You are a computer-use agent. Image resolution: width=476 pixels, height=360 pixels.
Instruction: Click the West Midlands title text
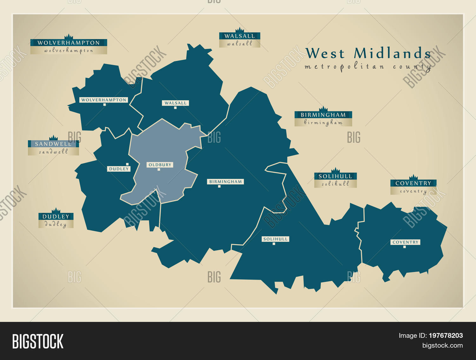pos(368,53)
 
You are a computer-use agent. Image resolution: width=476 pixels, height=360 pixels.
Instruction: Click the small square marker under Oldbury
pos(159,170)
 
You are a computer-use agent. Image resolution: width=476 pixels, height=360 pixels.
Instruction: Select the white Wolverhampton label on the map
pos(104,100)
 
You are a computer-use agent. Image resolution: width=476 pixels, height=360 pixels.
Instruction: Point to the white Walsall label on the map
pos(175,103)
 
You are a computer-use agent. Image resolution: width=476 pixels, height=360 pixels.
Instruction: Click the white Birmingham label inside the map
pos(226,182)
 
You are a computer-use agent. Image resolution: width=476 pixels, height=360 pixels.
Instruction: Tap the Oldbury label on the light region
pos(160,165)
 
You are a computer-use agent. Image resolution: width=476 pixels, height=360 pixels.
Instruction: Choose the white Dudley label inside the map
pos(119,169)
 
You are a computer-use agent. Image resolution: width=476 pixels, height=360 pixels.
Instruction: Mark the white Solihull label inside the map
pos(275,239)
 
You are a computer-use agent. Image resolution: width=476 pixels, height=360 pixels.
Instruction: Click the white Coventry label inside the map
pos(405,242)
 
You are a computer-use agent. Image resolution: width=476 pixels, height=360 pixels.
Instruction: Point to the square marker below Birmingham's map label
pos(219,186)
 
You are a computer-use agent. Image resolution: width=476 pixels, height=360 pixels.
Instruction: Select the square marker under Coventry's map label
pos(404,247)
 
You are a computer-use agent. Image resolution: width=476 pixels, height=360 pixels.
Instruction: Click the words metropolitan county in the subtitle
pos(367,67)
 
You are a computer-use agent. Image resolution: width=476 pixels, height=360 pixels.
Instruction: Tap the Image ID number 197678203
pos(446,336)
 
